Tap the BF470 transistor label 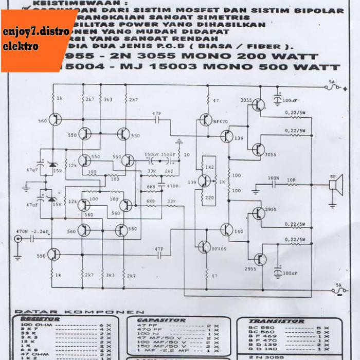click(220, 121)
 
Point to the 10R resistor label click(292, 179)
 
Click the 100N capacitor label click(273, 179)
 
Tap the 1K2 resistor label click(209, 168)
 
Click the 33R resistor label click(152, 171)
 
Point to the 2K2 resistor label click(168, 171)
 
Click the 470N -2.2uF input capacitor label click(32, 231)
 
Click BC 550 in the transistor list click(255, 328)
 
